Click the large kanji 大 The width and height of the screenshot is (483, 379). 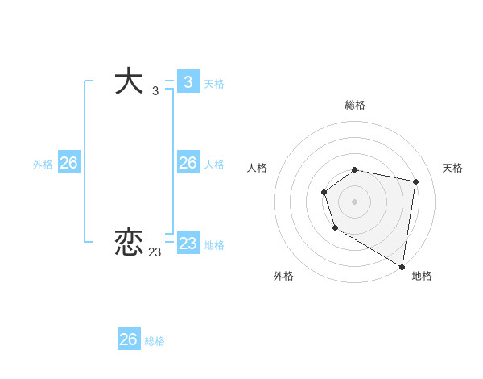point(130,82)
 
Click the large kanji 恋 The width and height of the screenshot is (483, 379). point(130,243)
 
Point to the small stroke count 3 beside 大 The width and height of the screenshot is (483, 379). point(155,91)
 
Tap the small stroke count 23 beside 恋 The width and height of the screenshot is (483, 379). point(155,252)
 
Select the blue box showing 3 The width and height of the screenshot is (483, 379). point(188,82)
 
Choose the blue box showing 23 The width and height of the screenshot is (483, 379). point(188,244)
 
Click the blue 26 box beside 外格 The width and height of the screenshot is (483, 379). point(68,163)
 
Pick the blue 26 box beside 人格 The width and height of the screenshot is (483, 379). point(188,163)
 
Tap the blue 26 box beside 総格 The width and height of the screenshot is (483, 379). point(128,339)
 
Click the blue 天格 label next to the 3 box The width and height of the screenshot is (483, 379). point(214,84)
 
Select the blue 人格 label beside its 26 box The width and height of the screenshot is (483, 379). point(214,165)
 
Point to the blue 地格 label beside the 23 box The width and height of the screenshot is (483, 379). point(214,245)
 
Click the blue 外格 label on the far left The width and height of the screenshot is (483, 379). point(43,165)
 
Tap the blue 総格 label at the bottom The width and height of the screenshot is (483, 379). point(155,341)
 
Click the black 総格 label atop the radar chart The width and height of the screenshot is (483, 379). point(355,105)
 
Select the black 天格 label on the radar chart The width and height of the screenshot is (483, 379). point(453,168)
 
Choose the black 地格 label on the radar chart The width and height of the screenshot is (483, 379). point(422,276)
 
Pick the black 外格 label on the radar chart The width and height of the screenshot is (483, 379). point(283,276)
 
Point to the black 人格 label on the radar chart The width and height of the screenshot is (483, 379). point(257,168)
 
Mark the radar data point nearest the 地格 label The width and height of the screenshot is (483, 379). point(402,266)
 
